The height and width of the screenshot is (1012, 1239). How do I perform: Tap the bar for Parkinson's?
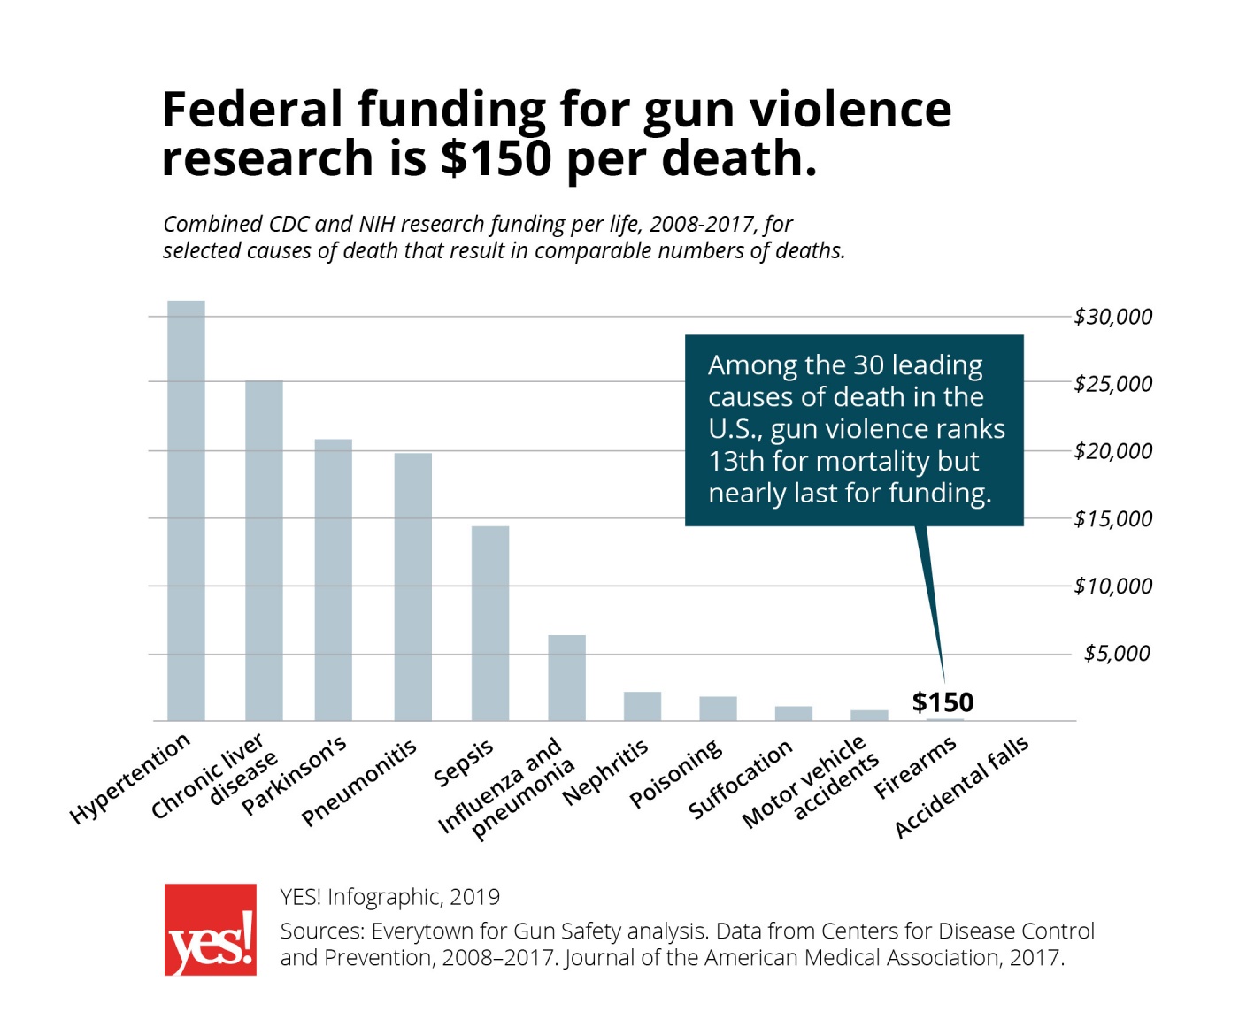pos(333,579)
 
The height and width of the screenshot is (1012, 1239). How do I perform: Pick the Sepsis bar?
pos(490,623)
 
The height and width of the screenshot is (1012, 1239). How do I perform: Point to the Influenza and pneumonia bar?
pos(566,678)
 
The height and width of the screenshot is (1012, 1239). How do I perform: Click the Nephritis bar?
pos(643,706)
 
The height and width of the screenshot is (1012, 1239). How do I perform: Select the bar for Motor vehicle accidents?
pos(869,715)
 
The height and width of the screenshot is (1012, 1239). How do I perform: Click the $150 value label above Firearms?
pos(943,702)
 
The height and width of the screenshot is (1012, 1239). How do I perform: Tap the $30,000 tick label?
pos(1112,317)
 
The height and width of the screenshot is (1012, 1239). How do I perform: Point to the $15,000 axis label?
pos(1112,518)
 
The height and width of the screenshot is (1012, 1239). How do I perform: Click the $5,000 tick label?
pos(1117,654)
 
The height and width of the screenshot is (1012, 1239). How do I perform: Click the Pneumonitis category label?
pos(358,784)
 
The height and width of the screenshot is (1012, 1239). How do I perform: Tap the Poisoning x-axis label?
pos(675,774)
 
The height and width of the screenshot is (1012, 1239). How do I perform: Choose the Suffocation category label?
pos(740,779)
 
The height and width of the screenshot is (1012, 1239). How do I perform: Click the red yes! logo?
pos(211,930)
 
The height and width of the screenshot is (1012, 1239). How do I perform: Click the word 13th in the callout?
pos(737,461)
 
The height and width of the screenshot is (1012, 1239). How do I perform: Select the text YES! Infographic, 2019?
pos(390,897)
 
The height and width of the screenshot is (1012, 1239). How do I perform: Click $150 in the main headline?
pos(496,158)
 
